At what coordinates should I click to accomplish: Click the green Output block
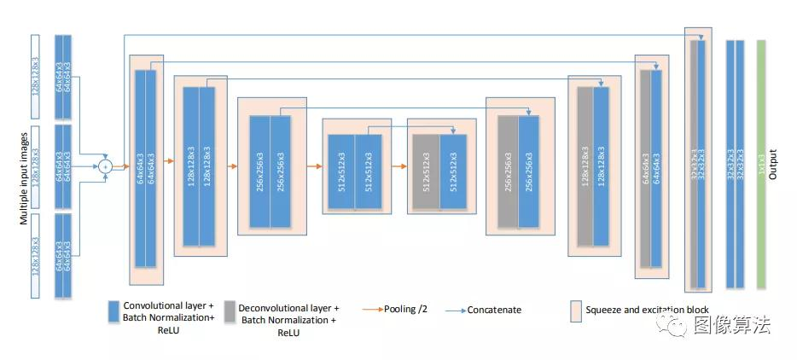(x=762, y=163)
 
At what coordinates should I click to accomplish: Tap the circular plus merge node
(x=105, y=165)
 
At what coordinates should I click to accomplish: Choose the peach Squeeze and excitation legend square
(x=576, y=309)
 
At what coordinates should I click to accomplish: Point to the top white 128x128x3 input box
(x=35, y=77)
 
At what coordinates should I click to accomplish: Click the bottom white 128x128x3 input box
(x=35, y=255)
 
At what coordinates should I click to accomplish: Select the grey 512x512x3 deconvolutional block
(x=425, y=171)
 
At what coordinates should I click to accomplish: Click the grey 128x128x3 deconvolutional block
(x=585, y=171)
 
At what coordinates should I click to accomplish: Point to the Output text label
(x=773, y=164)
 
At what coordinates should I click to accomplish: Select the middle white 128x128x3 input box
(x=35, y=165)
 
